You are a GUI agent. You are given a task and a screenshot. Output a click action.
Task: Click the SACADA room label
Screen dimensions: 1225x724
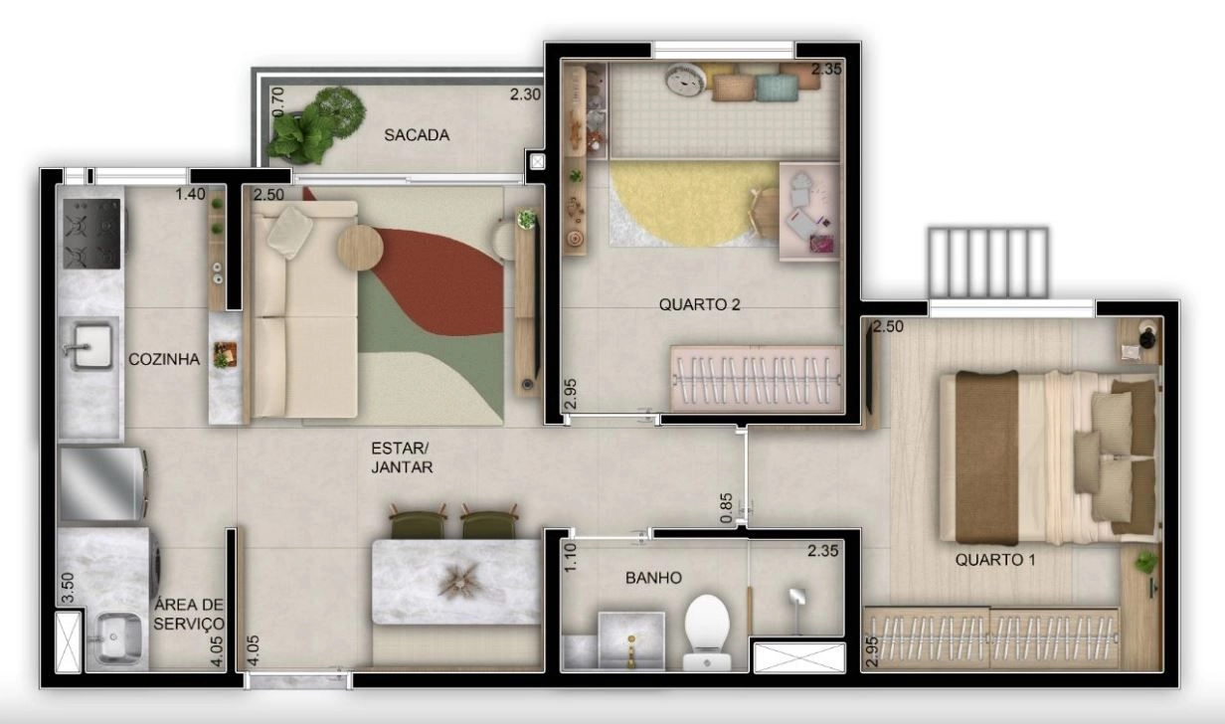(x=417, y=135)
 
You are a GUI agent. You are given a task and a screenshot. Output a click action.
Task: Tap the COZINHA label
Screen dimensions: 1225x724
(x=164, y=359)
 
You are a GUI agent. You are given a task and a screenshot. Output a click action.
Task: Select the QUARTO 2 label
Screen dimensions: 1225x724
(x=699, y=304)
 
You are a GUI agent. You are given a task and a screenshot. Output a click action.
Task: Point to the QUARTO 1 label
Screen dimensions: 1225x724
(x=995, y=560)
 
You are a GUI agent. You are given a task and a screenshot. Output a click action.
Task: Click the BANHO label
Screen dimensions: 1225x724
(x=653, y=578)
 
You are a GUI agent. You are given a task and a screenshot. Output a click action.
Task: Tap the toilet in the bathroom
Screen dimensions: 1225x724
(x=707, y=632)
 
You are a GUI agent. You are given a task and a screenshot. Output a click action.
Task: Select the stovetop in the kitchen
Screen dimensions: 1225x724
(x=91, y=234)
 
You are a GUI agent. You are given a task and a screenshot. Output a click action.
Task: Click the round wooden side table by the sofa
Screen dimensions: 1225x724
(x=360, y=249)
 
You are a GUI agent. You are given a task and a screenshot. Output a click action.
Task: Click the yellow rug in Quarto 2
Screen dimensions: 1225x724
(x=693, y=203)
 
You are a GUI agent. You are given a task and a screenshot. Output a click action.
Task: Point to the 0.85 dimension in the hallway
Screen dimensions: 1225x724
(x=726, y=508)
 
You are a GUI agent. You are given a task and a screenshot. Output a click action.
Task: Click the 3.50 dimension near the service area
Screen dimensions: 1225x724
(x=68, y=588)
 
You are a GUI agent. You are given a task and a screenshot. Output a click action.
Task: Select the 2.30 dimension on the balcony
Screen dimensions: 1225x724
(x=526, y=94)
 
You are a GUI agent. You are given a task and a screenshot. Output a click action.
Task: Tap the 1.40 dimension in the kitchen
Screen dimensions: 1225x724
(x=190, y=194)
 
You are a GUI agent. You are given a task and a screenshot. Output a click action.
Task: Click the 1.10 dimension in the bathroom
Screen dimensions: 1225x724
(x=570, y=558)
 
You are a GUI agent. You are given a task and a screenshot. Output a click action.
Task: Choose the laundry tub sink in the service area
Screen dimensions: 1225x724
(x=113, y=638)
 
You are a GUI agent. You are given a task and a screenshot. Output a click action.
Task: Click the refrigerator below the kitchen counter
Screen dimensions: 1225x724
(x=102, y=484)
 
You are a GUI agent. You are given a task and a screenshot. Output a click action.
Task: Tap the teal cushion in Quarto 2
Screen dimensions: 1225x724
(x=778, y=89)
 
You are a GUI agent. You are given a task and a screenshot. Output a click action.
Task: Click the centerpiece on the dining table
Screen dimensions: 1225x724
(x=458, y=581)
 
